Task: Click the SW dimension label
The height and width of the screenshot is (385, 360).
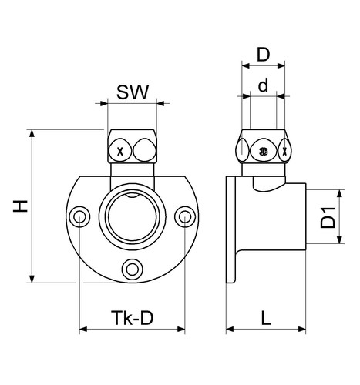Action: (x=133, y=92)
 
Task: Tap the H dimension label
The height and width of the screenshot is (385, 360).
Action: (x=21, y=206)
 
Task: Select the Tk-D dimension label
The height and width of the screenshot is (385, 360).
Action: (x=132, y=318)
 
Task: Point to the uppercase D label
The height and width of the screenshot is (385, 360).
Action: (x=264, y=55)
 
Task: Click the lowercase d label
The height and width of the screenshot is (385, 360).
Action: (x=263, y=85)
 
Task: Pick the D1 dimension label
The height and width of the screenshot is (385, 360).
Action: (x=328, y=218)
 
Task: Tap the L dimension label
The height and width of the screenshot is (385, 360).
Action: (x=266, y=318)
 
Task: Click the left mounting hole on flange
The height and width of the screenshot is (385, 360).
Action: (x=79, y=216)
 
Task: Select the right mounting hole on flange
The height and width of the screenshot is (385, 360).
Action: (x=185, y=216)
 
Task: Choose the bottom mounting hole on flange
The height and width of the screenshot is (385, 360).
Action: (x=132, y=269)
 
